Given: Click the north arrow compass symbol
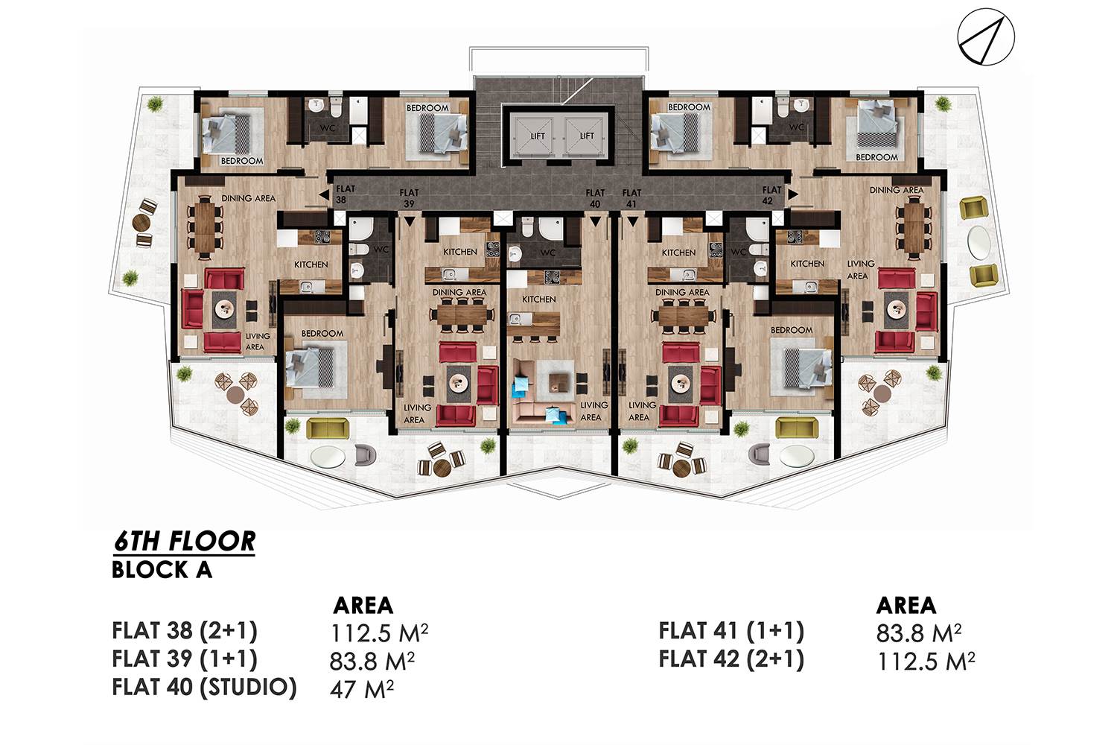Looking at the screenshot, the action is click(986, 37).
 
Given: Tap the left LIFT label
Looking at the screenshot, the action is click(538, 136).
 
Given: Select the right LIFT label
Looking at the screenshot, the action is click(587, 136).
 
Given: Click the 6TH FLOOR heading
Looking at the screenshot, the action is click(184, 542).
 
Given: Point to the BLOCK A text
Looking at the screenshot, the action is click(162, 570).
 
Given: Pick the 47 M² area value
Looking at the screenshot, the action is click(361, 689).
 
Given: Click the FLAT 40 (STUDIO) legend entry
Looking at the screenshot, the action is click(205, 687).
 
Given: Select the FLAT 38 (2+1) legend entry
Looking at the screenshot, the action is click(185, 631).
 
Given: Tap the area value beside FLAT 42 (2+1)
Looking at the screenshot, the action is click(926, 661).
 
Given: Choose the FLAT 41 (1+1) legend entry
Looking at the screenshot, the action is click(731, 631).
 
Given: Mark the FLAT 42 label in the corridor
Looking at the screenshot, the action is click(771, 195).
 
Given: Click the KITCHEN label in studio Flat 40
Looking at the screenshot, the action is click(538, 299).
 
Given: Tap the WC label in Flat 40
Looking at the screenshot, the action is click(547, 253).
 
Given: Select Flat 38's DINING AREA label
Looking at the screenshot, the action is click(248, 198).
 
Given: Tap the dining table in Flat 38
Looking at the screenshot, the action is click(205, 226).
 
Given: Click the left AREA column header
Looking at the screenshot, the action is click(363, 605).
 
